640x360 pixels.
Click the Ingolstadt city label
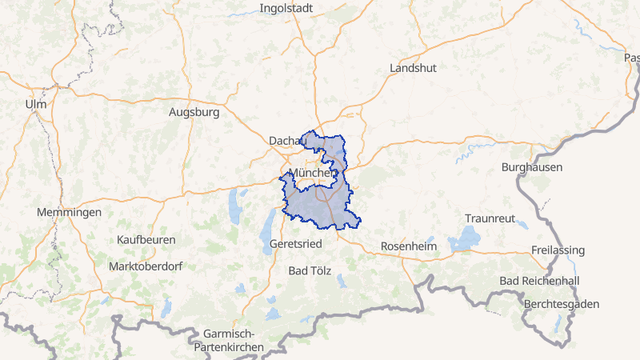click(x=286, y=9)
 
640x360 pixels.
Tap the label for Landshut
click(x=413, y=68)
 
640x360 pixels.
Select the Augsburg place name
click(x=194, y=113)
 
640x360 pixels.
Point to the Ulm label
click(x=36, y=105)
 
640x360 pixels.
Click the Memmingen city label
click(x=69, y=212)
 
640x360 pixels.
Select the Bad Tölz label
click(x=310, y=270)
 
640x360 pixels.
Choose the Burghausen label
click(x=532, y=167)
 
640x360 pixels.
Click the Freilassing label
click(x=558, y=250)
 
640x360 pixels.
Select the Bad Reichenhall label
click(x=538, y=281)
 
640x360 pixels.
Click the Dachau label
click(x=288, y=140)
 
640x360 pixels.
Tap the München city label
click(x=311, y=173)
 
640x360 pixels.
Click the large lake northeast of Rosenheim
click(x=466, y=238)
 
